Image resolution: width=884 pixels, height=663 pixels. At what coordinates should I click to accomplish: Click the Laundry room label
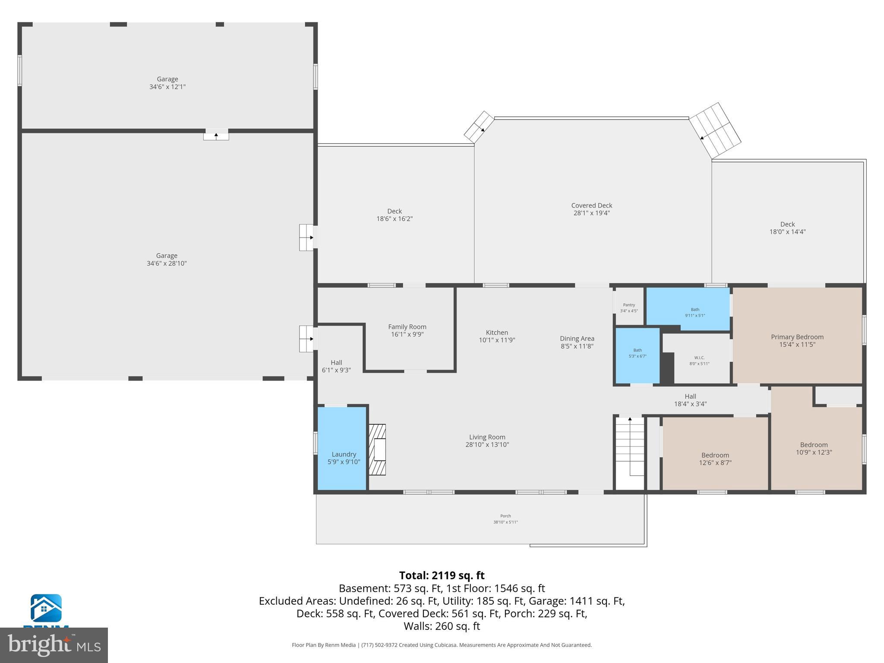[x=344, y=454]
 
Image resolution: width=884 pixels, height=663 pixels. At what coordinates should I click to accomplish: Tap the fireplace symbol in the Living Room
[x=377, y=449]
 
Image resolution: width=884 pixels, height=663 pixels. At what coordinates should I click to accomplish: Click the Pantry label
[x=629, y=305]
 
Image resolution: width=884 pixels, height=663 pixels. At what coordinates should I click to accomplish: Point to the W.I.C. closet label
[x=699, y=358]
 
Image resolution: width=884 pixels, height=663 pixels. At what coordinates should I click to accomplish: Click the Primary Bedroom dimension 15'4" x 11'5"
[x=797, y=344]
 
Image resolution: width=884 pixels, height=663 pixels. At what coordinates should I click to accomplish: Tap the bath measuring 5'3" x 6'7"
[x=638, y=354]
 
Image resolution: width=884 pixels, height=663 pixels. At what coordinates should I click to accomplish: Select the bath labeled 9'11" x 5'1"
[x=695, y=312]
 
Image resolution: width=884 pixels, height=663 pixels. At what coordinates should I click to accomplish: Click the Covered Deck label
[x=591, y=205]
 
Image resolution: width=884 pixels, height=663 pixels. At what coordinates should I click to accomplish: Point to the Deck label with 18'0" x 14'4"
[x=787, y=224]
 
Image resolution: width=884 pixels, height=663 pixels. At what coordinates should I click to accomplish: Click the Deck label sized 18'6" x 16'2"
[x=394, y=211]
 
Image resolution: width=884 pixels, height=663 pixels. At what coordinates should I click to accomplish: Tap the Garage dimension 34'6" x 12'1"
[x=167, y=87]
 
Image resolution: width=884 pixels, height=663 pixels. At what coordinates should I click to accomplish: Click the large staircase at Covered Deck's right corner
[x=714, y=131]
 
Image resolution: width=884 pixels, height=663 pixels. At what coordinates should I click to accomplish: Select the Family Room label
[x=407, y=327]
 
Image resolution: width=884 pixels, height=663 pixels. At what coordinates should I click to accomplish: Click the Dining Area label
[x=577, y=338]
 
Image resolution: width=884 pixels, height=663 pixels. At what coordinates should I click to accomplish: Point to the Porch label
[x=505, y=516]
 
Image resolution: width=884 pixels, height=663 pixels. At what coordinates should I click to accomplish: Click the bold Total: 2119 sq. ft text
[x=442, y=575]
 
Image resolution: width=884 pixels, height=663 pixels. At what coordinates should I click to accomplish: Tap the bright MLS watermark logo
[x=54, y=645]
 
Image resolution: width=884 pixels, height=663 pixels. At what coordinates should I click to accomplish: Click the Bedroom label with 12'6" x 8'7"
[x=715, y=455]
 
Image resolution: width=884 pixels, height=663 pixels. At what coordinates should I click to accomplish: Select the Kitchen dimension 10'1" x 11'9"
[x=497, y=340]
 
